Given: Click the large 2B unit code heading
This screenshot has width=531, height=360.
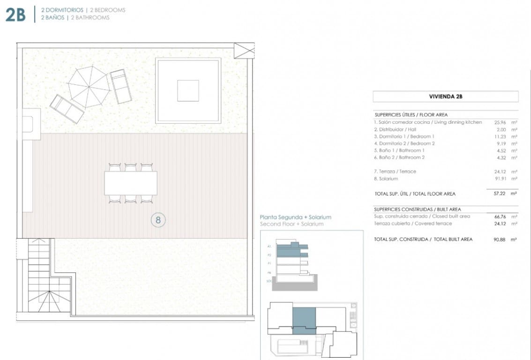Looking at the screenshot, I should (x=15, y=14).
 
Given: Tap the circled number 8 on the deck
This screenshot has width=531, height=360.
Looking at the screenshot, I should (x=158, y=219).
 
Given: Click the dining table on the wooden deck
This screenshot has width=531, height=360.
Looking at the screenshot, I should (x=131, y=183).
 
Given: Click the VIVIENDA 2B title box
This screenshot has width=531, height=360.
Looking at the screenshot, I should (x=445, y=97).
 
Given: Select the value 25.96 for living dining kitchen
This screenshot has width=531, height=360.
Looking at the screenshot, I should (x=501, y=122).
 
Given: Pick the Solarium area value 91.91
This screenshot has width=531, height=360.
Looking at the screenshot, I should (x=501, y=179).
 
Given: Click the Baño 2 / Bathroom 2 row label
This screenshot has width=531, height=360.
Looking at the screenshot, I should (x=399, y=157).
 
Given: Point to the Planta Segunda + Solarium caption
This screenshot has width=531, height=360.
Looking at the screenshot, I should (x=295, y=217).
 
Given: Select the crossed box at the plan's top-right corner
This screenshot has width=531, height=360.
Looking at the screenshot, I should (x=244, y=51).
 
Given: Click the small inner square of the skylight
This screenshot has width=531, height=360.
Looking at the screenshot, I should (x=188, y=90).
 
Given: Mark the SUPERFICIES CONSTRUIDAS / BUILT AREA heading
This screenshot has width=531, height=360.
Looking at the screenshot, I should (x=417, y=209).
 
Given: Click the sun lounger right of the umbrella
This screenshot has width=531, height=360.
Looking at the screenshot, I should (x=120, y=86).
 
